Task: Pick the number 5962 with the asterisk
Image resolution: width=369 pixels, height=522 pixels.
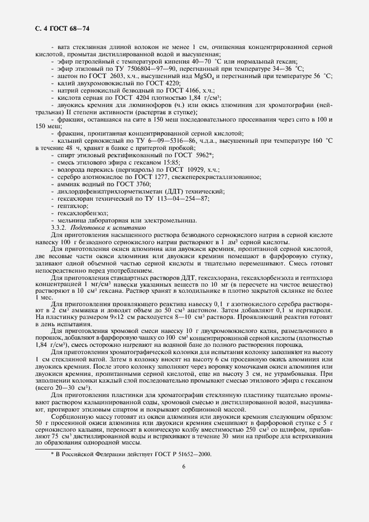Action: (x=186, y=154)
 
